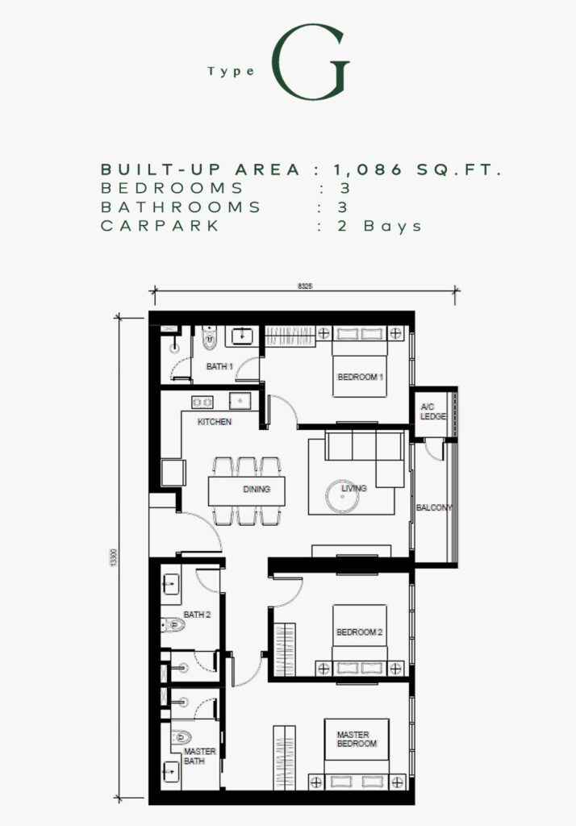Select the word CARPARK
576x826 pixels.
160,226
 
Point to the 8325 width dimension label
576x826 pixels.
305,286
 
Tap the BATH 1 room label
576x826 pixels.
219,366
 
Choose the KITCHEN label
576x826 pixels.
215,421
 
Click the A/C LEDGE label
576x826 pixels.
432,411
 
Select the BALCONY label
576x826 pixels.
434,508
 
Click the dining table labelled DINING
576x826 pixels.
246,491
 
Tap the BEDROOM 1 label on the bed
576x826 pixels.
361,378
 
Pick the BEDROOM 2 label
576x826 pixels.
360,632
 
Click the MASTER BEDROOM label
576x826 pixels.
357,739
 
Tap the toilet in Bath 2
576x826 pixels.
173,625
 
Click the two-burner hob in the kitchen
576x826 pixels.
202,403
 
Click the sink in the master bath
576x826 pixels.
171,772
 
